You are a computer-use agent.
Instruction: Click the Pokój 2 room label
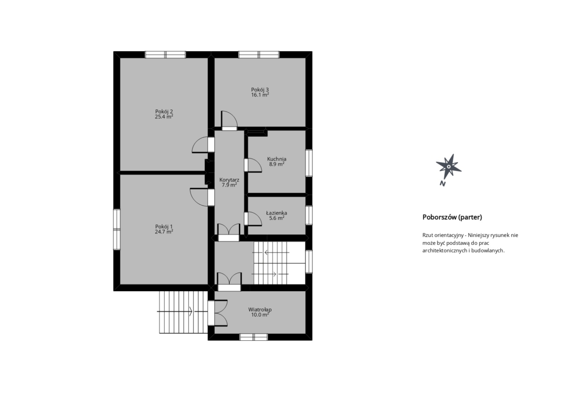tap(164, 111)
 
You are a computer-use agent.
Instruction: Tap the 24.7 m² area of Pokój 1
tap(164, 231)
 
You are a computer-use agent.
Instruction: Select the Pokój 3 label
tap(260, 89)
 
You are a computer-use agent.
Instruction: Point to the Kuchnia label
tap(276, 159)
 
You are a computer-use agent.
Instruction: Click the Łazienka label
tap(276, 213)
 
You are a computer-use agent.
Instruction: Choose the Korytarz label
tap(229, 180)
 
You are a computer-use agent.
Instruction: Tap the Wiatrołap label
tap(260, 309)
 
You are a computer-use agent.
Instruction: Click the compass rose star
tap(449, 166)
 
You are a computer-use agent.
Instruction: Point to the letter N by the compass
tap(443, 184)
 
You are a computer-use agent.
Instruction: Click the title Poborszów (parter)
tap(452, 217)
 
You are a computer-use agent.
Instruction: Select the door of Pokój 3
tap(229, 120)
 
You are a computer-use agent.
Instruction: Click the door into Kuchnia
tap(253, 165)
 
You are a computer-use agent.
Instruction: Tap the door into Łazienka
tap(253, 219)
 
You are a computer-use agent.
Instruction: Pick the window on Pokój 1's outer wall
tap(117, 229)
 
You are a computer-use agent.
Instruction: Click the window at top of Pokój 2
tap(166, 55)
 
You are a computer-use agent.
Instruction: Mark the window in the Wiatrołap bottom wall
tap(254, 337)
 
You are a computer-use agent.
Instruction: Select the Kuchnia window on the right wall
tap(309, 163)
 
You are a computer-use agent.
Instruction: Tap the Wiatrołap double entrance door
tap(218, 313)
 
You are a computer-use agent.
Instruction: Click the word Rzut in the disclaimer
tap(427, 235)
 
